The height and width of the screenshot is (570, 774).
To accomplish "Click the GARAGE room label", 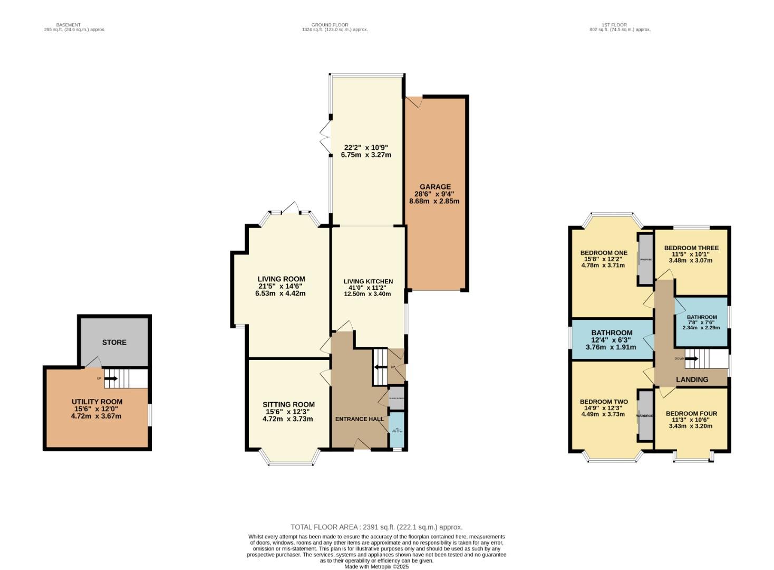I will click(435, 186).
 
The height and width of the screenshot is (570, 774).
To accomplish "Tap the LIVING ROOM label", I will click(281, 279).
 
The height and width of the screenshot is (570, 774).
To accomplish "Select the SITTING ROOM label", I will click(288, 405).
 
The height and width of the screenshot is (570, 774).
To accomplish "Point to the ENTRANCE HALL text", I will click(360, 419).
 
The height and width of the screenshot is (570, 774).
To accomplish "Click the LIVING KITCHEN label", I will click(368, 281).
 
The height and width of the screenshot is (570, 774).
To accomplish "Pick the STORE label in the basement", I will click(114, 343).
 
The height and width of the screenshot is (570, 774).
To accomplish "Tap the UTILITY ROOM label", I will click(97, 402).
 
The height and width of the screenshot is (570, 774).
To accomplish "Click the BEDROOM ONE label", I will click(604, 253).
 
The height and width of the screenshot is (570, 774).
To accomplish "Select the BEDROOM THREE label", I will click(691, 248).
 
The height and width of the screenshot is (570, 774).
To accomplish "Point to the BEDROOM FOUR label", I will click(691, 414).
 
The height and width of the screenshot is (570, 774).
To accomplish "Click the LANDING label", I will click(692, 379).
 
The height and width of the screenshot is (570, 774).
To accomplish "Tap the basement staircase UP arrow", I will click(111, 378).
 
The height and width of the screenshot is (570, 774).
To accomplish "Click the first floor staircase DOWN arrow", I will click(691, 359).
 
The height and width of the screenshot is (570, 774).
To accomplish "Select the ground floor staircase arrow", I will click(379, 367).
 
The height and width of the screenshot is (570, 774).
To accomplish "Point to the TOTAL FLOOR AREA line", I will click(376, 527).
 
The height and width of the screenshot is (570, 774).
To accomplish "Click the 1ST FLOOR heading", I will click(614, 25).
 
